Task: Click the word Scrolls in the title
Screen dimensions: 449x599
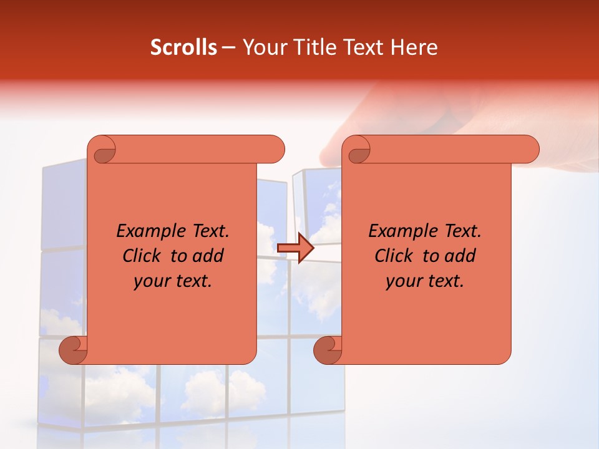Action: [x=184, y=47]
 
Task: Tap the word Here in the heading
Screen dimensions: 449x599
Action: [x=414, y=47]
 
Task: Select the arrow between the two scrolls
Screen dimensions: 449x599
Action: [x=295, y=249]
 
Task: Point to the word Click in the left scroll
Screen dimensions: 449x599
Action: [x=144, y=256]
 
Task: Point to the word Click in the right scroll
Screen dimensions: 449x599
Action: [x=396, y=256]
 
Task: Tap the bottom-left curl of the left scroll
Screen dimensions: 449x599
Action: [x=74, y=351]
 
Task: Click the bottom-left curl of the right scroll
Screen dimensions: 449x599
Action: [x=328, y=351]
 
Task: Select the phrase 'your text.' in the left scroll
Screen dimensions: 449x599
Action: [x=173, y=281]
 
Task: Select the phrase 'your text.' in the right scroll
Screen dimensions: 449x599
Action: [x=425, y=281]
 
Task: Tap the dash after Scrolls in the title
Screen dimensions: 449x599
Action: [x=228, y=47]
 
